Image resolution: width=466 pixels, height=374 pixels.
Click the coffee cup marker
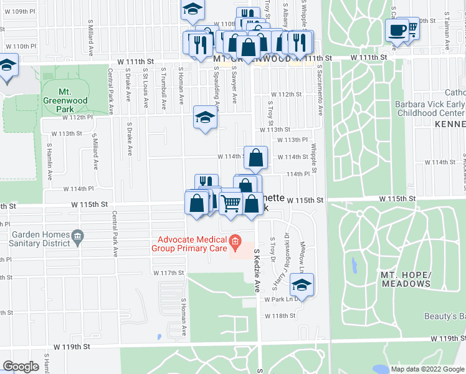[397, 29]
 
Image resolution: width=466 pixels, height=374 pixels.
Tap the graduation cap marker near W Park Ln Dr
[302, 285]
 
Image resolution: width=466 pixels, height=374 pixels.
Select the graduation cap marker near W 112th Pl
[205, 117]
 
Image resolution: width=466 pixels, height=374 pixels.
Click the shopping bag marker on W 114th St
[255, 158]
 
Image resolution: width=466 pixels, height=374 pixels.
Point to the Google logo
[21, 367]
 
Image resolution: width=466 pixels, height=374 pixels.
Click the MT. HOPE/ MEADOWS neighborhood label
[406, 279]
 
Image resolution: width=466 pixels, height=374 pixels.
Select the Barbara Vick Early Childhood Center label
[430, 110]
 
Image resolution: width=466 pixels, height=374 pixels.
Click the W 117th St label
[169, 273]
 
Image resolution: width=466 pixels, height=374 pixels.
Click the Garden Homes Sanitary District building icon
[78, 236]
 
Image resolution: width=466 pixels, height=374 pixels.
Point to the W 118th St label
[278, 316]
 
